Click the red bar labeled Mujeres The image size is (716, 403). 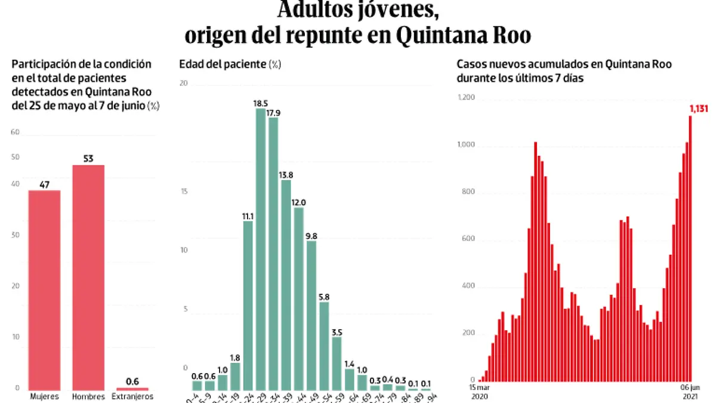click(x=44, y=290)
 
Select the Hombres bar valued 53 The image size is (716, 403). click(x=88, y=278)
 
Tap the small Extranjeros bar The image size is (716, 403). click(x=132, y=389)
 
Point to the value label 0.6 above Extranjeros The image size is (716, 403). click(x=132, y=382)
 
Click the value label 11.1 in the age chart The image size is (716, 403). click(x=248, y=216)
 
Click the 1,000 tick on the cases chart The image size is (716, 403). click(x=467, y=145)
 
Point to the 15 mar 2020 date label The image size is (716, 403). click(x=479, y=392)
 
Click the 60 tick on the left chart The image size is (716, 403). click(x=15, y=133)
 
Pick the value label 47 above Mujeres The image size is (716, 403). click(x=44, y=184)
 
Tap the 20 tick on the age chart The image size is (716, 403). click(x=184, y=84)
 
